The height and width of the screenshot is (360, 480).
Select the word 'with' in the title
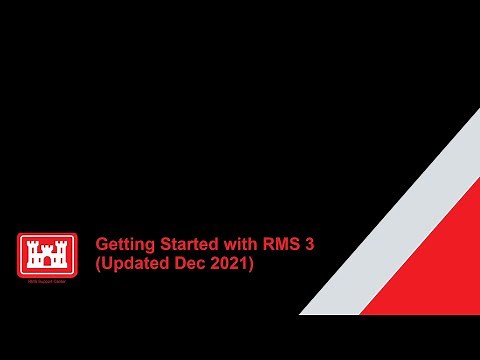237,243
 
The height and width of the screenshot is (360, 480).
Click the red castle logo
47,255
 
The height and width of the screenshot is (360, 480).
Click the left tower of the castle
31,252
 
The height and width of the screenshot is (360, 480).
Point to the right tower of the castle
63,252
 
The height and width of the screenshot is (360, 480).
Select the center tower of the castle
47,247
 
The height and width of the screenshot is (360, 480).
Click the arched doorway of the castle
47,264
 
